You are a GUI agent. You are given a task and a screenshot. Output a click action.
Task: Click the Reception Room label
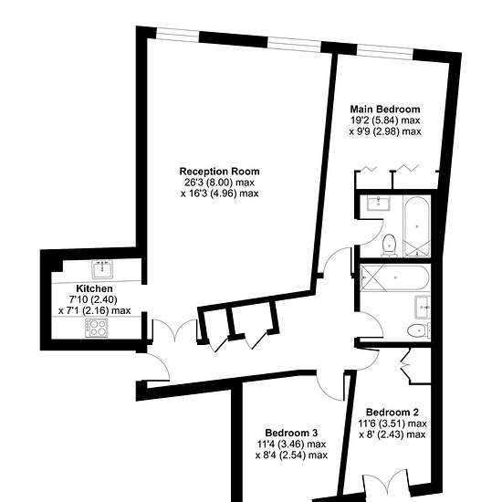pyautogui.click(x=219, y=172)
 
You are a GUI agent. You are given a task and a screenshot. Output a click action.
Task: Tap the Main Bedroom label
pyautogui.click(x=385, y=110)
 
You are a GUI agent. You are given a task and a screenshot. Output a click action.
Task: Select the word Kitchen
pyautogui.click(x=94, y=288)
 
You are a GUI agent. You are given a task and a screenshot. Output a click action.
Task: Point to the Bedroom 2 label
pyautogui.click(x=392, y=412)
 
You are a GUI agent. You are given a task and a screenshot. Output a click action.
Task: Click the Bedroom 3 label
pyautogui.click(x=291, y=433)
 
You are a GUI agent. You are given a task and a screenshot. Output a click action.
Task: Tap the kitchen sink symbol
pyautogui.click(x=102, y=269)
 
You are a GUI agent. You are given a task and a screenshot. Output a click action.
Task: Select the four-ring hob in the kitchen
pyautogui.click(x=97, y=328)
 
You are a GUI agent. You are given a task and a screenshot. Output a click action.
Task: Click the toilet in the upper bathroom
pyautogui.click(x=390, y=246)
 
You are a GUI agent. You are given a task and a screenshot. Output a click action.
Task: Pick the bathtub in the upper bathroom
pyautogui.click(x=416, y=226)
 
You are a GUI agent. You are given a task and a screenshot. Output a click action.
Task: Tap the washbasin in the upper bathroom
pyautogui.click(x=379, y=203)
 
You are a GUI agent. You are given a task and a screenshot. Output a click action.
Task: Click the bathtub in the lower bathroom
pyautogui.click(x=394, y=277)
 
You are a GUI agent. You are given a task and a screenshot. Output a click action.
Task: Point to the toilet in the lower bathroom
pyautogui.click(x=418, y=330)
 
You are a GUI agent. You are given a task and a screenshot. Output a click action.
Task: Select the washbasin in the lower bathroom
pyautogui.click(x=423, y=307)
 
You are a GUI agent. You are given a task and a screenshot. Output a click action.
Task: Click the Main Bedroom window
pyautogui.click(x=385, y=52)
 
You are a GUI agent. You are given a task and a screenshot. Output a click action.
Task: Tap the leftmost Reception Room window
pyautogui.click(x=177, y=35)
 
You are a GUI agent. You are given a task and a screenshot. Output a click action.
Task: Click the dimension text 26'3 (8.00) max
pyautogui.click(x=219, y=183)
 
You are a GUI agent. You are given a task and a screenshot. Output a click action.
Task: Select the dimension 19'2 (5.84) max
pyautogui.click(x=385, y=120)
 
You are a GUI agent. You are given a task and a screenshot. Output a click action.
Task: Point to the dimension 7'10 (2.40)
pyautogui.click(x=93, y=299)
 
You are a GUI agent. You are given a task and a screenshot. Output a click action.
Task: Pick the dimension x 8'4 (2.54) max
pyautogui.click(x=291, y=455)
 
